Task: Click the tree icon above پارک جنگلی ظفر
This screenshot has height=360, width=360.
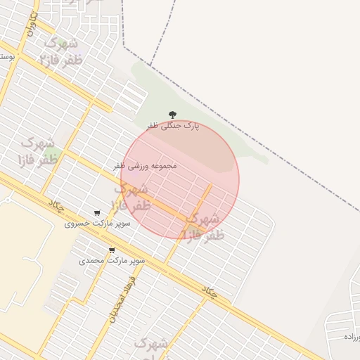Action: (x=172, y=115)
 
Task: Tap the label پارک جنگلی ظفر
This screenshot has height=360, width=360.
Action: (x=173, y=126)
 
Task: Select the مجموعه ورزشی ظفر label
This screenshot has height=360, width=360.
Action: (x=145, y=166)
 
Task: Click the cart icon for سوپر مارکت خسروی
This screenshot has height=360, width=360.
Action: (x=97, y=213)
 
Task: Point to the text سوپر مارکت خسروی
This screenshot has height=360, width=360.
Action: (x=88, y=224)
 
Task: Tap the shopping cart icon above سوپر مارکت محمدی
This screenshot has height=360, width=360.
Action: (x=112, y=250)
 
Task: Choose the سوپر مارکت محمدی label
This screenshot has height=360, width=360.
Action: (x=112, y=261)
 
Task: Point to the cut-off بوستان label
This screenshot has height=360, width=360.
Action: (x=6, y=54)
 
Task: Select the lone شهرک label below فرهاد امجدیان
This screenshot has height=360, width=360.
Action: (x=151, y=344)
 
